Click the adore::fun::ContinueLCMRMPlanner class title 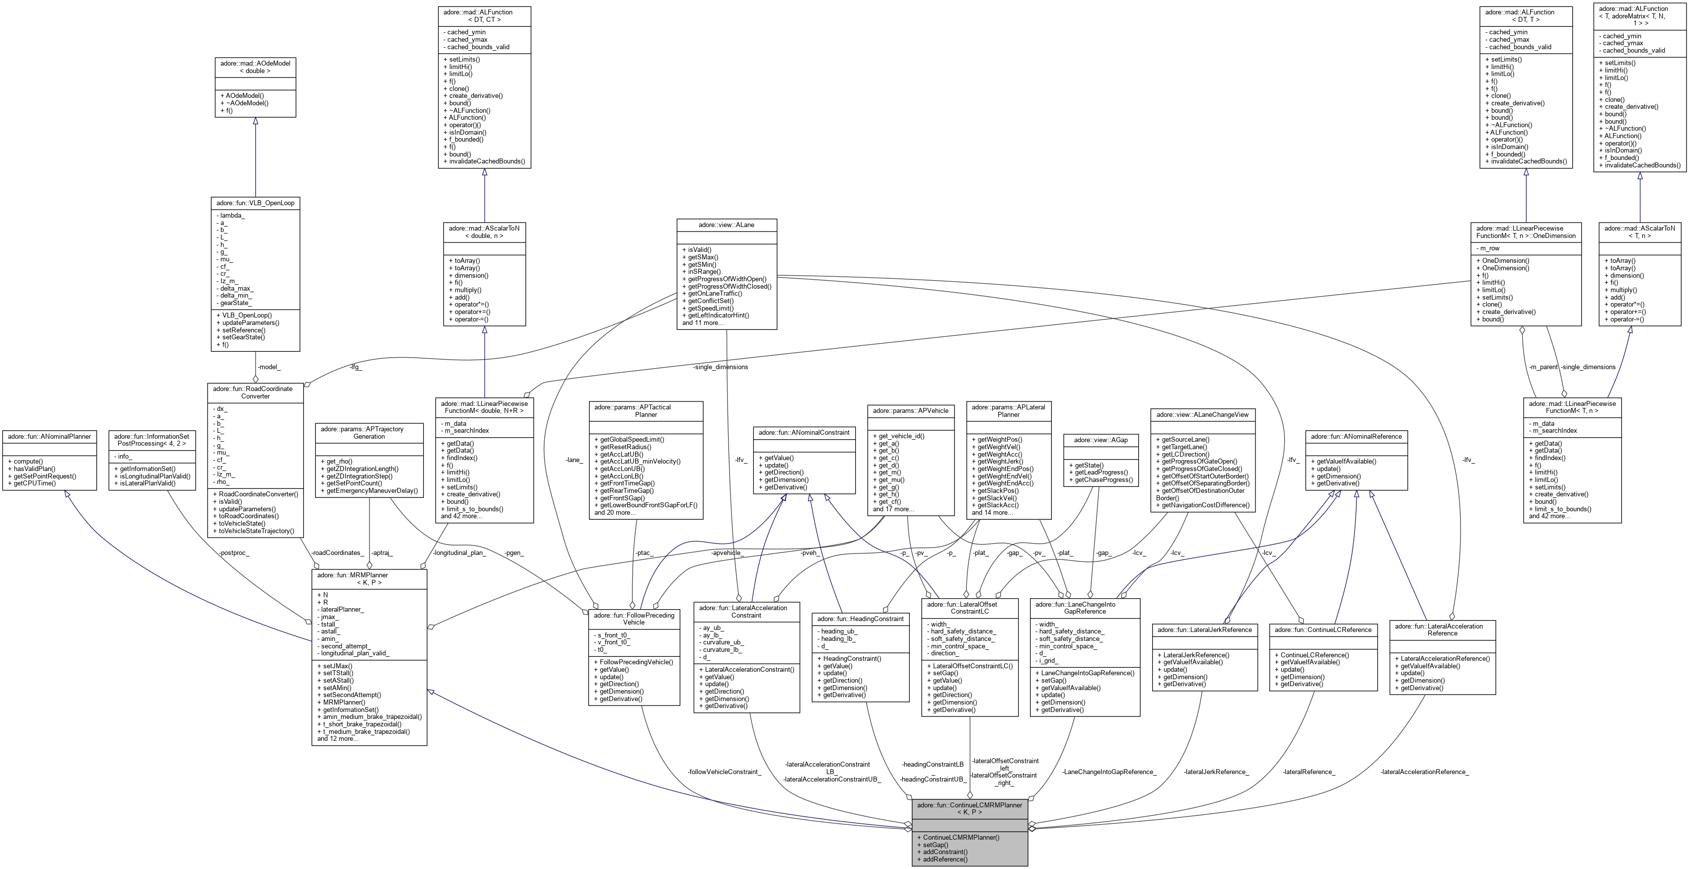(x=969, y=808)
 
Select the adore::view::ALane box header (x=727, y=225)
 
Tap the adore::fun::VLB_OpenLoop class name (x=255, y=203)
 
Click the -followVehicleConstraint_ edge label (x=724, y=772)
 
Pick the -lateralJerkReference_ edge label (x=1216, y=772)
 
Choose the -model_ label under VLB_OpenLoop (x=269, y=367)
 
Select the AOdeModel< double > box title (x=255, y=67)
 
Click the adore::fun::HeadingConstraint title (x=860, y=619)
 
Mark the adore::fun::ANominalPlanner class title (x=49, y=436)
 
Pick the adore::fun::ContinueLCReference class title (x=1322, y=630)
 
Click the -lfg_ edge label (x=356, y=367)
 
